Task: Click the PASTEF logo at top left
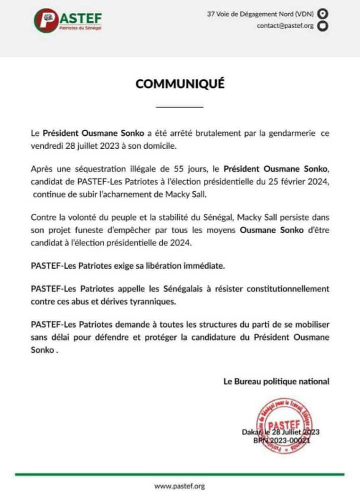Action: coord(68,21)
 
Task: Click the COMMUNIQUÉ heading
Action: coord(180,84)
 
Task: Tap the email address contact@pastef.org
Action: coord(285,26)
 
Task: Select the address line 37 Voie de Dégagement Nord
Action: coord(260,14)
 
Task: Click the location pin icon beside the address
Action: coord(323,14)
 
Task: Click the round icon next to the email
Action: coord(323,26)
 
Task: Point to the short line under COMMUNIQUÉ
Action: coord(180,107)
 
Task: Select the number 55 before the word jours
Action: coord(179,169)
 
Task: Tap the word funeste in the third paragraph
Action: coord(89,230)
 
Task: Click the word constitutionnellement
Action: coord(288,289)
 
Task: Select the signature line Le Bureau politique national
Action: coord(276,381)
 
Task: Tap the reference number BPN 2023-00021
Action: coord(282,440)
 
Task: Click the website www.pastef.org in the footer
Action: coord(180,486)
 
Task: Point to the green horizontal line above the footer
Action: coord(180,474)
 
